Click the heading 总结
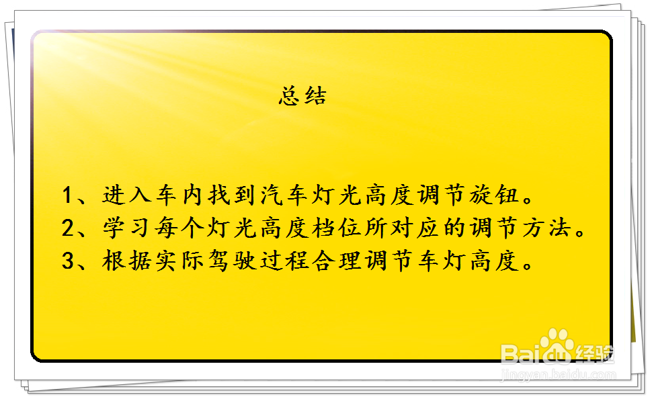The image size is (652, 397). click(x=302, y=97)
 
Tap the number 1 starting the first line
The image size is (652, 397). click(x=68, y=195)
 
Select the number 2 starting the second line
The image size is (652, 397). click(x=68, y=228)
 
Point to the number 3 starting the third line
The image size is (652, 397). click(x=68, y=261)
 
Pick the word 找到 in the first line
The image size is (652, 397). click(x=229, y=195)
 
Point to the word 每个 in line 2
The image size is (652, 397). click(x=176, y=228)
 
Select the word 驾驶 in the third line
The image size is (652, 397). click(x=229, y=261)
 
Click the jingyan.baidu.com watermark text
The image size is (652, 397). click(x=559, y=376)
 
